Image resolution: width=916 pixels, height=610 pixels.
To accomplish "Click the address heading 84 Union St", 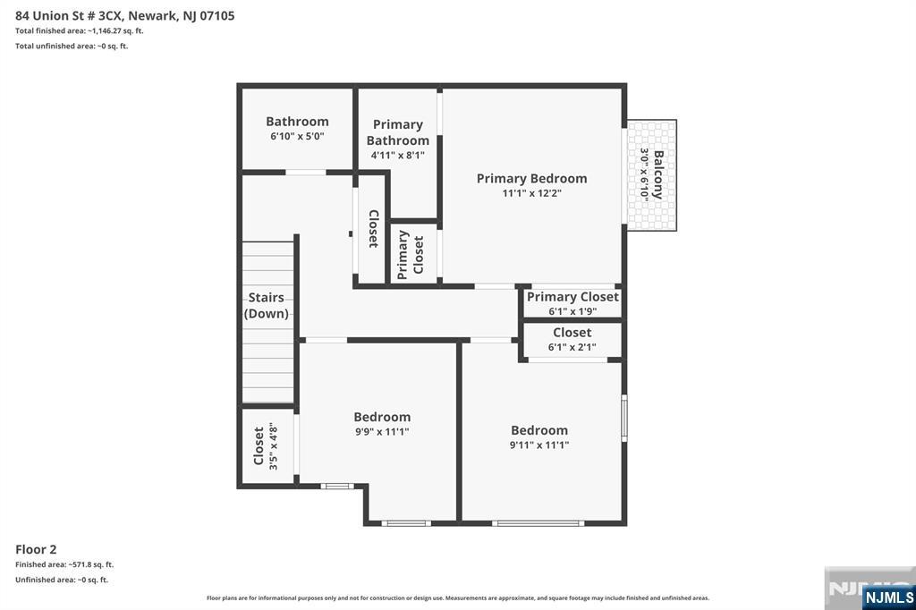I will [124, 15].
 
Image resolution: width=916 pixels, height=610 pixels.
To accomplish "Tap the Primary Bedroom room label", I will [531, 178].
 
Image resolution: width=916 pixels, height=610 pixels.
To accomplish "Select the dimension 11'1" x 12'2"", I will [531, 193].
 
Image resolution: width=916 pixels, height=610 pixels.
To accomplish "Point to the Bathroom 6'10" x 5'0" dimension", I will [297, 137].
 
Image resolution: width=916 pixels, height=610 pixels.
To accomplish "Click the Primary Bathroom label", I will [398, 132].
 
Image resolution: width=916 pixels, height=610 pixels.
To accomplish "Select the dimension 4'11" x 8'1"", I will [398, 155].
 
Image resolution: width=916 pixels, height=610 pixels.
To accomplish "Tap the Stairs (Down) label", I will [267, 305].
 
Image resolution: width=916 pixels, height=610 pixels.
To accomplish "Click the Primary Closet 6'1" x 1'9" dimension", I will [572, 312].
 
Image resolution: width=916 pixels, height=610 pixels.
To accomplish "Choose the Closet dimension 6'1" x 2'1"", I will [572, 348].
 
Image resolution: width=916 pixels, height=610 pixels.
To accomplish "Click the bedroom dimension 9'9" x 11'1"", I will [382, 432].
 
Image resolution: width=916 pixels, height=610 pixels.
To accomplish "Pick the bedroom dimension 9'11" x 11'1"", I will [539, 445].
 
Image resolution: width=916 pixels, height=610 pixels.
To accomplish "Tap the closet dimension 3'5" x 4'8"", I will [273, 445].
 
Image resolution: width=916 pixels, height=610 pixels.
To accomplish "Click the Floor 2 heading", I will [36, 549].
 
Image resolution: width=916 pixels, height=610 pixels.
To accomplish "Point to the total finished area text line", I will [80, 30].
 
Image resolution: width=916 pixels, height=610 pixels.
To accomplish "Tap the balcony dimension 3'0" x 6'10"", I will [643, 174].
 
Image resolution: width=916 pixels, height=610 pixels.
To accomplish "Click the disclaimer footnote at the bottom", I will [458, 597].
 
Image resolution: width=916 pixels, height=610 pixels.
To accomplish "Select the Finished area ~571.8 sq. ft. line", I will [64, 564].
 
